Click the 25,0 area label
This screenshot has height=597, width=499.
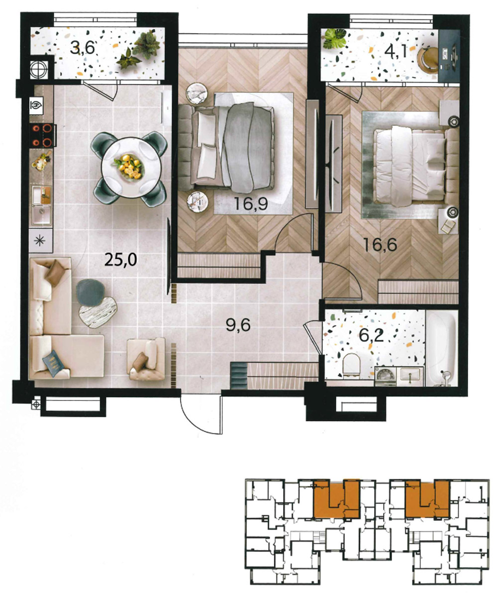pos(121,260)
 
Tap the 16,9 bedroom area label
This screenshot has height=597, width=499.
pos(251,204)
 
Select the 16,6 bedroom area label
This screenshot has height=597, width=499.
pos(380,245)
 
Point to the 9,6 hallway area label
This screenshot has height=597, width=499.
pos(238,325)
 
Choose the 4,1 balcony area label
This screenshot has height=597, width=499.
pos(396,52)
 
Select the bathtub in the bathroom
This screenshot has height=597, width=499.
pos(441,349)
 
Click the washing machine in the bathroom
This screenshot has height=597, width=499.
pos(385,376)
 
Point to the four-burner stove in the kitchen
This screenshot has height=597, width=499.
pos(41,135)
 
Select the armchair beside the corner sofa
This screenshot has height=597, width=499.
pos(146,359)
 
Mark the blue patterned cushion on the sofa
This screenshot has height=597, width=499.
pos(53,363)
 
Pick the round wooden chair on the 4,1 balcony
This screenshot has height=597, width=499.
pos(428,60)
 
